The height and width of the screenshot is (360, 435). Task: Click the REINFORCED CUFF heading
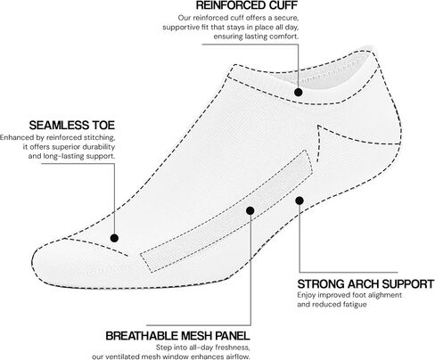(247, 5)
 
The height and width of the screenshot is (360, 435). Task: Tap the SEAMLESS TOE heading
(72, 126)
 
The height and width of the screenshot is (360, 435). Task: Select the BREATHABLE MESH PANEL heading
(177, 336)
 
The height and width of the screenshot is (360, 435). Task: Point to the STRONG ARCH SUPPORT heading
(365, 284)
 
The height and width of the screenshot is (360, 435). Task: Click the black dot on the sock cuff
(299, 92)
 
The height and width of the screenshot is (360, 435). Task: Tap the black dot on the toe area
(114, 238)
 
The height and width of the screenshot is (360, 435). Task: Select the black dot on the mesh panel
(250, 210)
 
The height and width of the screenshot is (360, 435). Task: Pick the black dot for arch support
(300, 200)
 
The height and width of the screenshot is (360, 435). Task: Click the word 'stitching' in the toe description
(99, 138)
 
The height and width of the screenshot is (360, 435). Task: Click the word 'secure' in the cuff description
(286, 18)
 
